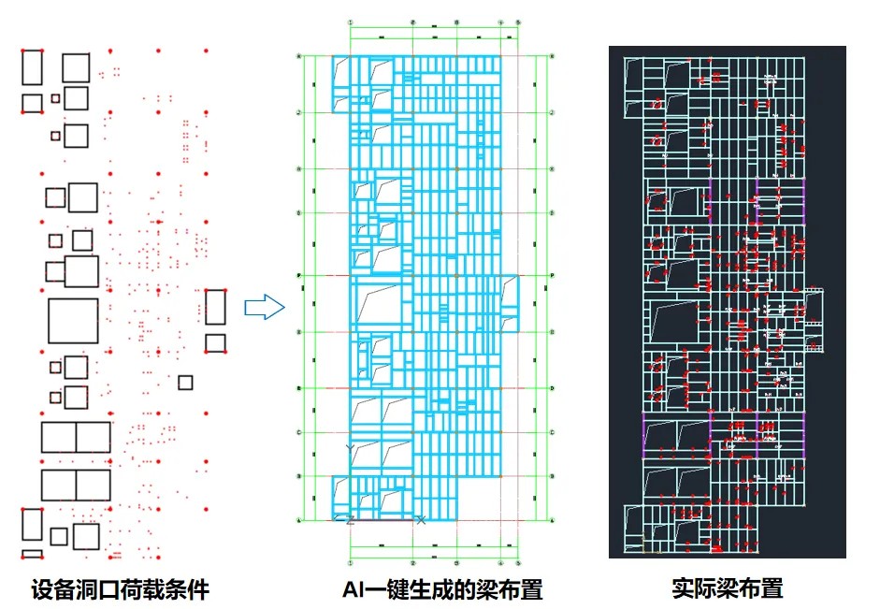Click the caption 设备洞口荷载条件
pos(120,589)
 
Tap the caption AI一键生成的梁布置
pos(442,589)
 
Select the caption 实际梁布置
pos(727,588)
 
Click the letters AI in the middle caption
pos(353,589)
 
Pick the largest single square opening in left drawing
pos(73,321)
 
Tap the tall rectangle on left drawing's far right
pos(215,307)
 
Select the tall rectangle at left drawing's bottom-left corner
pos(32,524)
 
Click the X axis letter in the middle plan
pos(420,519)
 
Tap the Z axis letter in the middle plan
pos(349,520)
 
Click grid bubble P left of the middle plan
pos(299,276)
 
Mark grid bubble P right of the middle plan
pos(553,276)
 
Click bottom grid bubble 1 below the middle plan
pos(349,563)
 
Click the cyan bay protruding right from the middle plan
pos(510,303)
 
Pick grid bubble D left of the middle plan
pos(299,388)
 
